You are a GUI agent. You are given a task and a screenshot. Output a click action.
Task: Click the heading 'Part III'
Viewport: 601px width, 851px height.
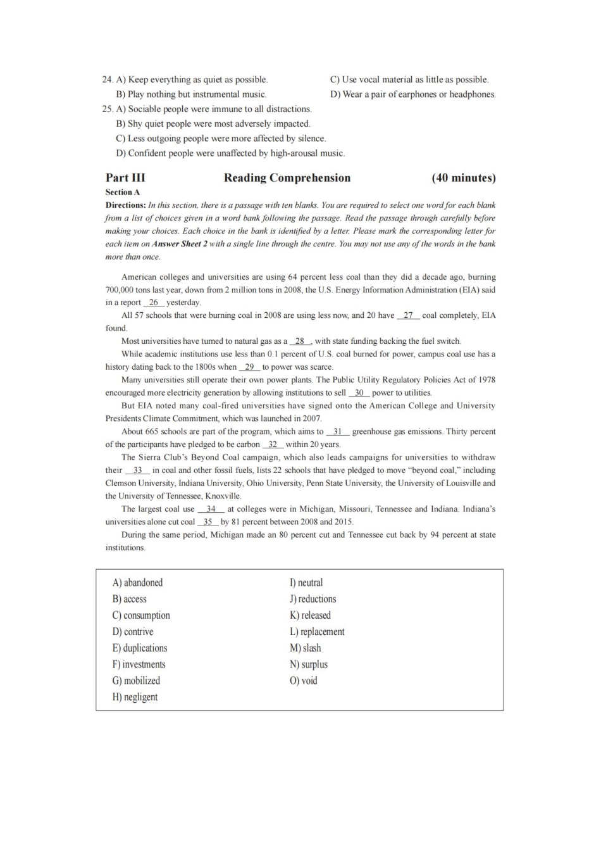pyautogui.click(x=125, y=178)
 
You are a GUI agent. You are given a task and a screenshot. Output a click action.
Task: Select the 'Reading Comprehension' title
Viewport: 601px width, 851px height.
pyautogui.click(x=287, y=178)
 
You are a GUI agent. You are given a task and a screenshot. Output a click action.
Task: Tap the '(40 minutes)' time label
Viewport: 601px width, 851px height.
pyautogui.click(x=463, y=178)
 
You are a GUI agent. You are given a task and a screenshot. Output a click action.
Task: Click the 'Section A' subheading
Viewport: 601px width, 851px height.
pyautogui.click(x=123, y=192)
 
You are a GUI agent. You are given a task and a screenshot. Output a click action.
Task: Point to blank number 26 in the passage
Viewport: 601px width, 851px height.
pyautogui.click(x=154, y=303)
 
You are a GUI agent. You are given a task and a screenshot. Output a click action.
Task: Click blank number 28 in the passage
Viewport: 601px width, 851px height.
pyautogui.click(x=300, y=341)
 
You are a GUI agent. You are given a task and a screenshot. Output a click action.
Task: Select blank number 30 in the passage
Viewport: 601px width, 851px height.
pyautogui.click(x=359, y=393)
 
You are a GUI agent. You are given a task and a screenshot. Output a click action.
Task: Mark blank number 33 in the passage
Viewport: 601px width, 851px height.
pyautogui.click(x=137, y=470)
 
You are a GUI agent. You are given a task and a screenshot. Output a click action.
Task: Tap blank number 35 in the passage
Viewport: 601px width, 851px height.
pyautogui.click(x=208, y=522)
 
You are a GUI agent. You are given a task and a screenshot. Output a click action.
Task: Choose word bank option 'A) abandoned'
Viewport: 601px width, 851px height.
pyautogui.click(x=137, y=583)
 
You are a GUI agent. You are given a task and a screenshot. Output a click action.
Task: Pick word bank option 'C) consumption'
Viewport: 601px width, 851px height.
pyautogui.click(x=141, y=615)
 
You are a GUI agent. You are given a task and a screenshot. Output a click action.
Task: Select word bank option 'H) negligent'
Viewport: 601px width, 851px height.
pyautogui.click(x=135, y=697)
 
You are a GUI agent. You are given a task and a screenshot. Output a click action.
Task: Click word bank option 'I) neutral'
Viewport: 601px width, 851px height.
pyautogui.click(x=306, y=583)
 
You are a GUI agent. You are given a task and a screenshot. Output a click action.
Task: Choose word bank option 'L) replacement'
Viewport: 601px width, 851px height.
pyautogui.click(x=317, y=632)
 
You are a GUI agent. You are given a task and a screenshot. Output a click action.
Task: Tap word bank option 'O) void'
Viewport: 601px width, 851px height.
pyautogui.click(x=304, y=681)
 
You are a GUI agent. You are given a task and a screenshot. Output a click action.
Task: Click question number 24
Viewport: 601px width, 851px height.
pyautogui.click(x=108, y=80)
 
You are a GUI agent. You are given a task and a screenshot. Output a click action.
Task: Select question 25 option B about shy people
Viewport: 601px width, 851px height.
pyautogui.click(x=213, y=124)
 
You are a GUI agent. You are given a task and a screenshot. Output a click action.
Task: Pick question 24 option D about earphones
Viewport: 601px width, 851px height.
pyautogui.click(x=412, y=94)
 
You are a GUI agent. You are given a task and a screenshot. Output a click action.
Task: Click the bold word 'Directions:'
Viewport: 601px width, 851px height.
pyautogui.click(x=125, y=205)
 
